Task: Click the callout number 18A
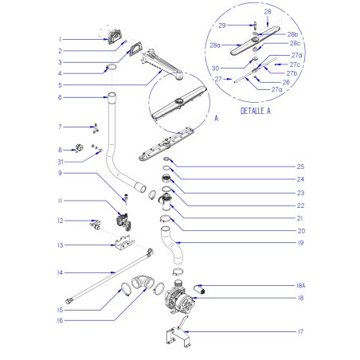300,286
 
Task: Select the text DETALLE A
256,111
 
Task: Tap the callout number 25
300,166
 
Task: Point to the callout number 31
61,162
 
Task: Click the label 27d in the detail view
296,55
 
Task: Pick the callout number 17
300,331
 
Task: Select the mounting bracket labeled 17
178,335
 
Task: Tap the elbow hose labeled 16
143,283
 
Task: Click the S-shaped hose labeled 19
172,245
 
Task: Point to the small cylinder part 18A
199,289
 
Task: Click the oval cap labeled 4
111,66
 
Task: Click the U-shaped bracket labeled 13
125,243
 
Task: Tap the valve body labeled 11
123,221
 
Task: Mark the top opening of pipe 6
112,95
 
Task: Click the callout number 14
61,272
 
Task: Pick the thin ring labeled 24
166,168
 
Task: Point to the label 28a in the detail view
215,45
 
